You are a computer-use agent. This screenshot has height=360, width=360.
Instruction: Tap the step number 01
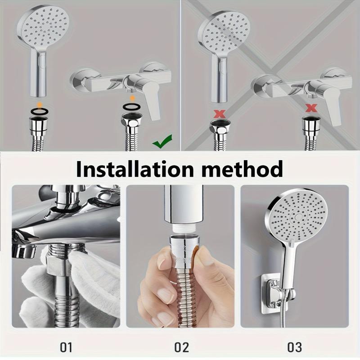[66, 346]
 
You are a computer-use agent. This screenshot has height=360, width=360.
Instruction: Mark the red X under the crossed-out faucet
[310, 108]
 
